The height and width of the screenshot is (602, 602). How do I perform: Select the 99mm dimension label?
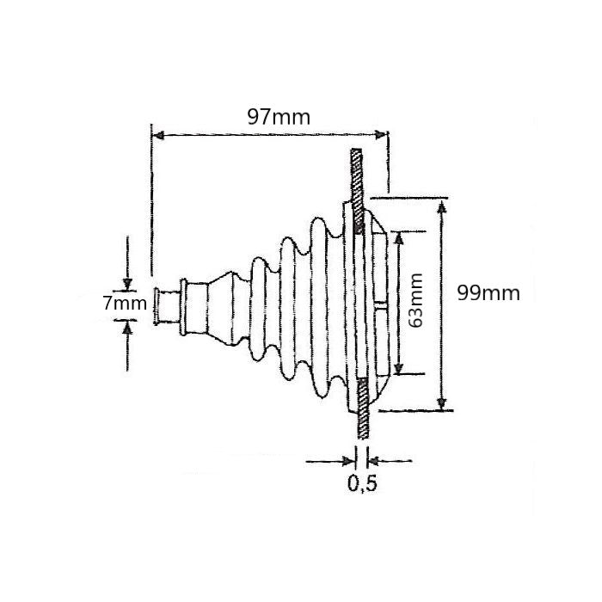pos(488,292)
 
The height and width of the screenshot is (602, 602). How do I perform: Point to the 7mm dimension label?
pos(123,304)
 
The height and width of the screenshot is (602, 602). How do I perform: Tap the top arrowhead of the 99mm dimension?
pos(442,206)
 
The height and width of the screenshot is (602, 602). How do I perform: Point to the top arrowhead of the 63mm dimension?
pos(398,238)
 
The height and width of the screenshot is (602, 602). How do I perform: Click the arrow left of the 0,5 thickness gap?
pos(348,461)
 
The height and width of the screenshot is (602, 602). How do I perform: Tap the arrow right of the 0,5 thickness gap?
pos(377,461)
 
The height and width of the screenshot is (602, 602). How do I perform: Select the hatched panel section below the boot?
pos(362,413)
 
